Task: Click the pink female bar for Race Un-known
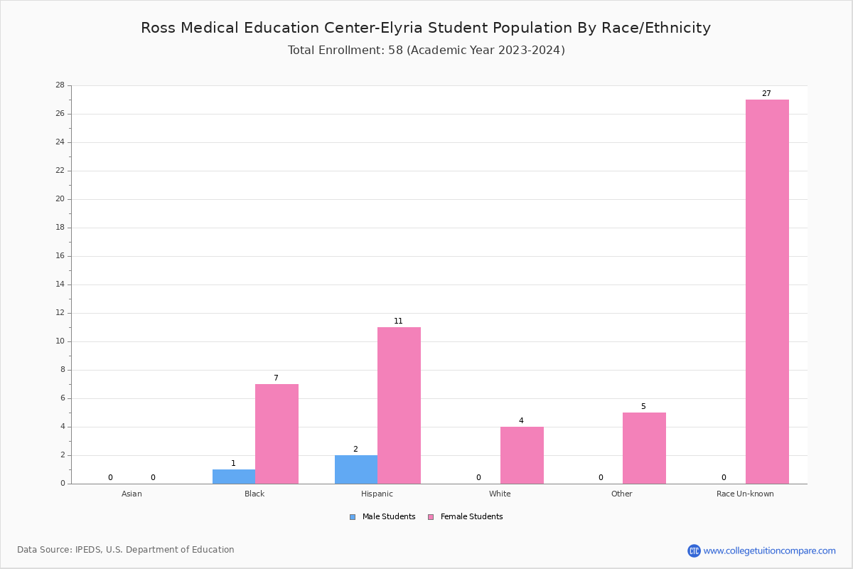pyautogui.click(x=767, y=292)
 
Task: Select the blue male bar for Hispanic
pyautogui.click(x=356, y=469)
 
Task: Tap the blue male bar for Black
pyautogui.click(x=233, y=477)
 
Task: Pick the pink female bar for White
pyautogui.click(x=521, y=455)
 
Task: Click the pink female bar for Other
pyautogui.click(x=644, y=448)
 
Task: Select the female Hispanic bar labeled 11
pyautogui.click(x=399, y=405)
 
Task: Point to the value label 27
pyautogui.click(x=766, y=94)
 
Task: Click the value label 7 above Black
pyautogui.click(x=276, y=378)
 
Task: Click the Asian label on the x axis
pyautogui.click(x=132, y=494)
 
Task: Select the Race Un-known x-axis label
pyautogui.click(x=745, y=494)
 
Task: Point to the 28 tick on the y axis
pyautogui.click(x=60, y=85)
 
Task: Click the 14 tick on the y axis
pyautogui.click(x=60, y=284)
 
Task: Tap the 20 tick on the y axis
pyautogui.click(x=60, y=199)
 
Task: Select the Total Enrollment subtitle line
pyautogui.click(x=426, y=50)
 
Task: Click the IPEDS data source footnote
pyautogui.click(x=126, y=550)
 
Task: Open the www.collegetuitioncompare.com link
pyautogui.click(x=769, y=551)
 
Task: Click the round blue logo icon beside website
pyautogui.click(x=694, y=551)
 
